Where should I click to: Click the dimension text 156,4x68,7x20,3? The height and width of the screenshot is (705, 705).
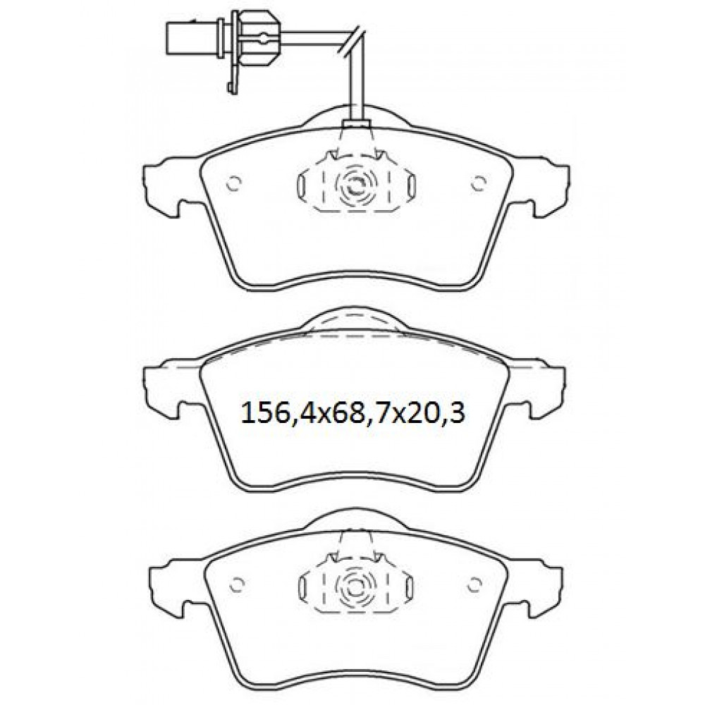click(x=353, y=412)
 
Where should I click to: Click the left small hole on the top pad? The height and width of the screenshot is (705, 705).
click(x=234, y=183)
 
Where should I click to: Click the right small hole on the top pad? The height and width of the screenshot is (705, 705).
click(x=479, y=183)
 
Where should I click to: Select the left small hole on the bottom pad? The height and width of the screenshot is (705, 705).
click(x=236, y=584)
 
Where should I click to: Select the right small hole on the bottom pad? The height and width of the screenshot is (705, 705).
click(x=474, y=584)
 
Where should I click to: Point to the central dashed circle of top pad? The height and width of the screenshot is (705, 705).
click(x=355, y=183)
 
